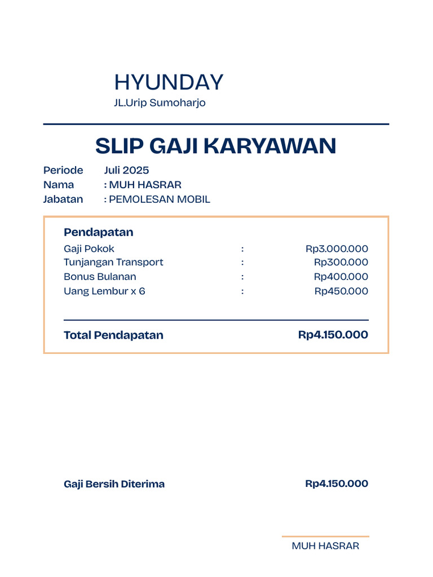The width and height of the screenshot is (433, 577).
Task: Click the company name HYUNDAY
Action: (x=169, y=82)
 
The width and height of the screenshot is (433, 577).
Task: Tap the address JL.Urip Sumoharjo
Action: (x=160, y=103)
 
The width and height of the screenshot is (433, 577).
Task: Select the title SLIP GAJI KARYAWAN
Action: (x=216, y=146)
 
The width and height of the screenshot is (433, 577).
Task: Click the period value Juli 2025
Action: (x=126, y=170)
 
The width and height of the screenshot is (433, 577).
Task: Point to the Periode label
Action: (x=63, y=170)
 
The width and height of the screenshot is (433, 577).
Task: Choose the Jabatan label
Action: (x=63, y=199)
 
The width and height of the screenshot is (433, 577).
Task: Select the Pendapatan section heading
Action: (x=99, y=232)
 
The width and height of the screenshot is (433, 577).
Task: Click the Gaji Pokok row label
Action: (x=89, y=248)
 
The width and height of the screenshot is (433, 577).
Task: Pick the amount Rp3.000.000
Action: (x=337, y=248)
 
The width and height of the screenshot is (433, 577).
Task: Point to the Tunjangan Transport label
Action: (x=113, y=262)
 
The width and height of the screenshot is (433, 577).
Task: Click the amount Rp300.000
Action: (x=341, y=262)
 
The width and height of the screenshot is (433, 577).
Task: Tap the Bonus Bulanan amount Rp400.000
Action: (x=341, y=277)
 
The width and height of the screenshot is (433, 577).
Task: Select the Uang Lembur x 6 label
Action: (x=104, y=291)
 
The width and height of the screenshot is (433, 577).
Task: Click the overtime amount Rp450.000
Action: (x=341, y=291)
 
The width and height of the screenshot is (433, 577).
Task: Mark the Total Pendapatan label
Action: (x=113, y=335)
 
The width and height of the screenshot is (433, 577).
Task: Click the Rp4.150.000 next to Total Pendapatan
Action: (x=333, y=335)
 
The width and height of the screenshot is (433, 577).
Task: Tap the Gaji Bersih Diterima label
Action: (x=114, y=484)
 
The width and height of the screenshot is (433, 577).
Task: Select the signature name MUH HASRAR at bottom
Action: (x=325, y=546)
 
